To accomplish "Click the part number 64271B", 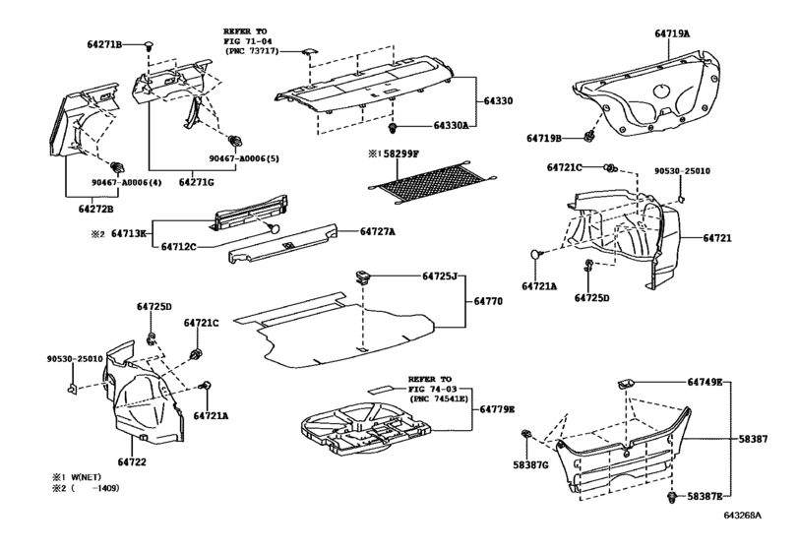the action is pos(104,45).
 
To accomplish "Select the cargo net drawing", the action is pos(432,181).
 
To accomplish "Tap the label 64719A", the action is pos(672,33).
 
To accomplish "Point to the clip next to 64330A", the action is pos(393,127).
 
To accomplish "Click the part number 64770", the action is pos(488,301).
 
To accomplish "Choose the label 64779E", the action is pos(497,409).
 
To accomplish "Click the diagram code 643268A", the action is pos(743,515).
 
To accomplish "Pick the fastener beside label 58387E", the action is pos(672,498).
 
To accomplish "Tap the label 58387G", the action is pos(530,464).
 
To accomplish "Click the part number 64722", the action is pos(132,462).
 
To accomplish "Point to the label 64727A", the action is pos(378,231).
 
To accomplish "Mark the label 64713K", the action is pos(129,234).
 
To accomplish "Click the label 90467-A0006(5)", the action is pos(244,158).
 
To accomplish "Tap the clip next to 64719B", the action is pos(589,136).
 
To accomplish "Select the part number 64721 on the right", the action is pos(717,237).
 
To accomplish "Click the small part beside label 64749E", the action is pos(626,384).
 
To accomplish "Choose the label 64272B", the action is pos(95,209).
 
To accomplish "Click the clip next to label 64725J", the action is pos(363,277).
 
